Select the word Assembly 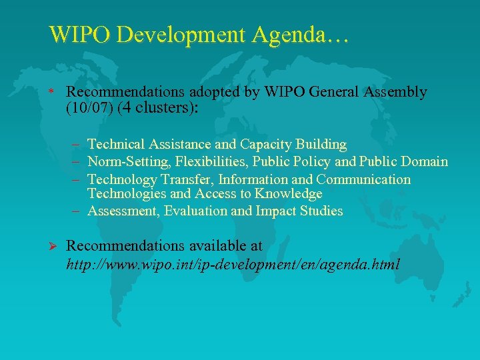395,92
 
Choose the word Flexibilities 211,161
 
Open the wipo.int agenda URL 233,264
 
